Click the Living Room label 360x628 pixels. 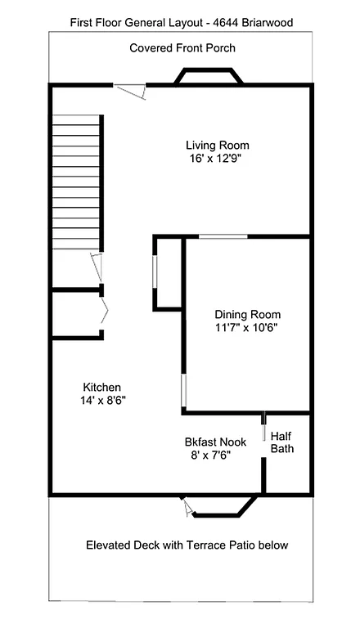point(217,146)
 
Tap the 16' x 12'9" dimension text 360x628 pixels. point(216,159)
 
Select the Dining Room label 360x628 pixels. point(247,315)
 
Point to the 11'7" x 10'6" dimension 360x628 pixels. point(247,328)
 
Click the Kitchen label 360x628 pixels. point(102,387)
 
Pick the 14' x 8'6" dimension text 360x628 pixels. point(102,400)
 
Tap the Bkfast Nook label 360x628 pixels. point(216,442)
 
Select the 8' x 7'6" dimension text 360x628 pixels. point(211,455)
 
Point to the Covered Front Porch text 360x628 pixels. point(182,48)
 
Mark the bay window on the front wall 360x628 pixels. point(209,76)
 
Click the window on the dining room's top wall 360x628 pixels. point(223,237)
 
